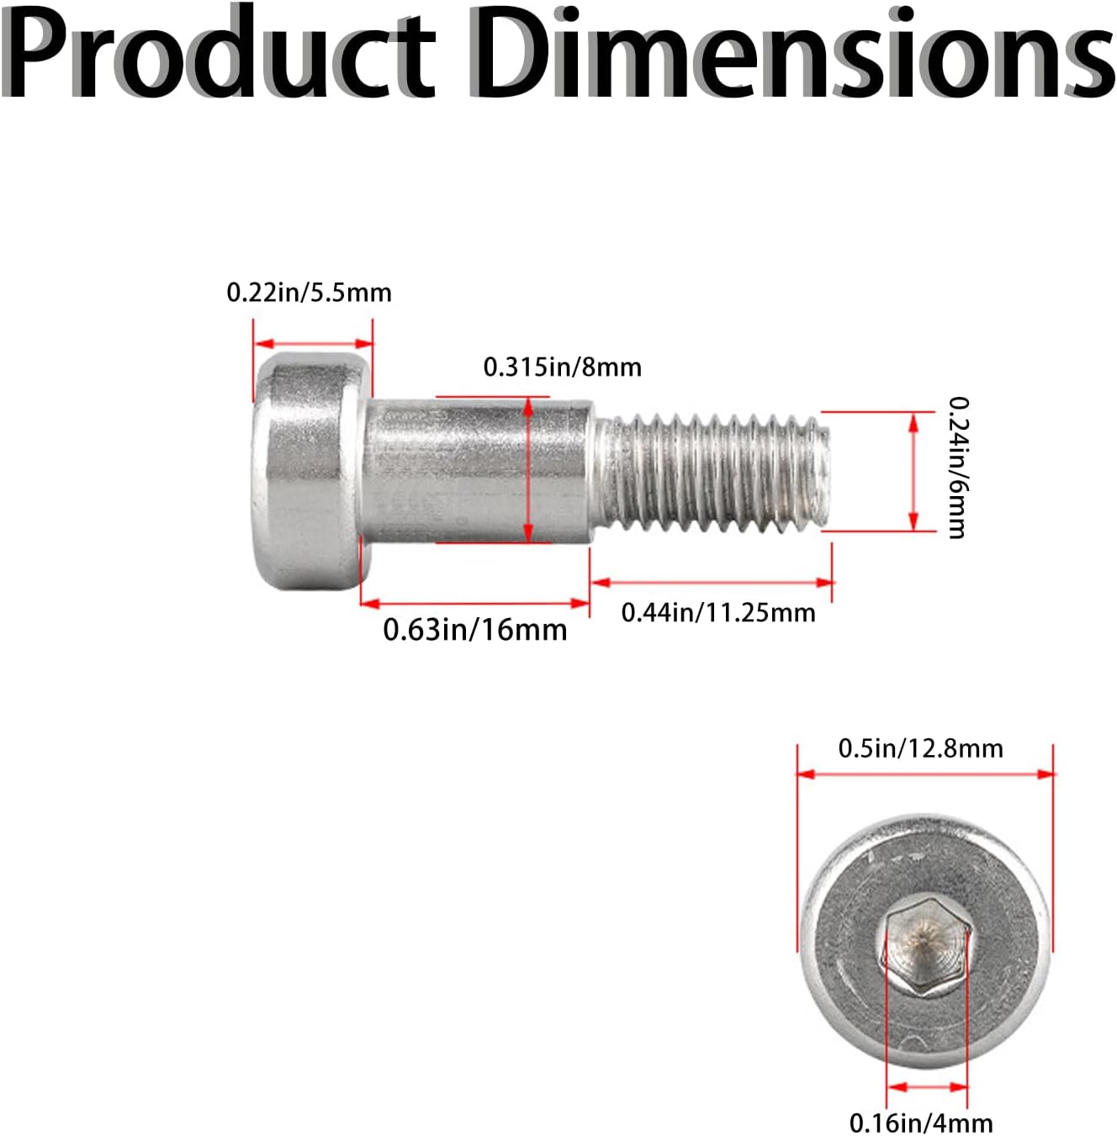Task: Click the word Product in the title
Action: pyautogui.click(x=218, y=52)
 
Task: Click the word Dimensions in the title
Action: pyautogui.click(x=794, y=52)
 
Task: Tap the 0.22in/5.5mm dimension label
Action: pyautogui.click(x=309, y=293)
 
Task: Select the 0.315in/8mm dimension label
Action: pyautogui.click(x=563, y=367)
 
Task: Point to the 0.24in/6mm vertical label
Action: pyautogui.click(x=957, y=468)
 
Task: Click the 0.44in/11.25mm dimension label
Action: pyautogui.click(x=718, y=613)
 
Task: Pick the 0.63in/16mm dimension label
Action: pyautogui.click(x=474, y=630)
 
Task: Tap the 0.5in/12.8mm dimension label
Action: pyautogui.click(x=921, y=748)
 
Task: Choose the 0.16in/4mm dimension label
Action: pyautogui.click(x=921, y=1122)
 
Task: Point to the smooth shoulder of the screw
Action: pyautogui.click(x=477, y=470)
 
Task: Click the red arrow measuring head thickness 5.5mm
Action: pyautogui.click(x=313, y=344)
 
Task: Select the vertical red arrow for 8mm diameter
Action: pyautogui.click(x=528, y=470)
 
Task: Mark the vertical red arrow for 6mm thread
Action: pyautogui.click(x=913, y=472)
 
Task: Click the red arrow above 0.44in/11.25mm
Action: pyautogui.click(x=712, y=583)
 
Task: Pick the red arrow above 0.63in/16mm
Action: pyautogui.click(x=475, y=603)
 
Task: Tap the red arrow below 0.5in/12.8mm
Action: pyautogui.click(x=925, y=774)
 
